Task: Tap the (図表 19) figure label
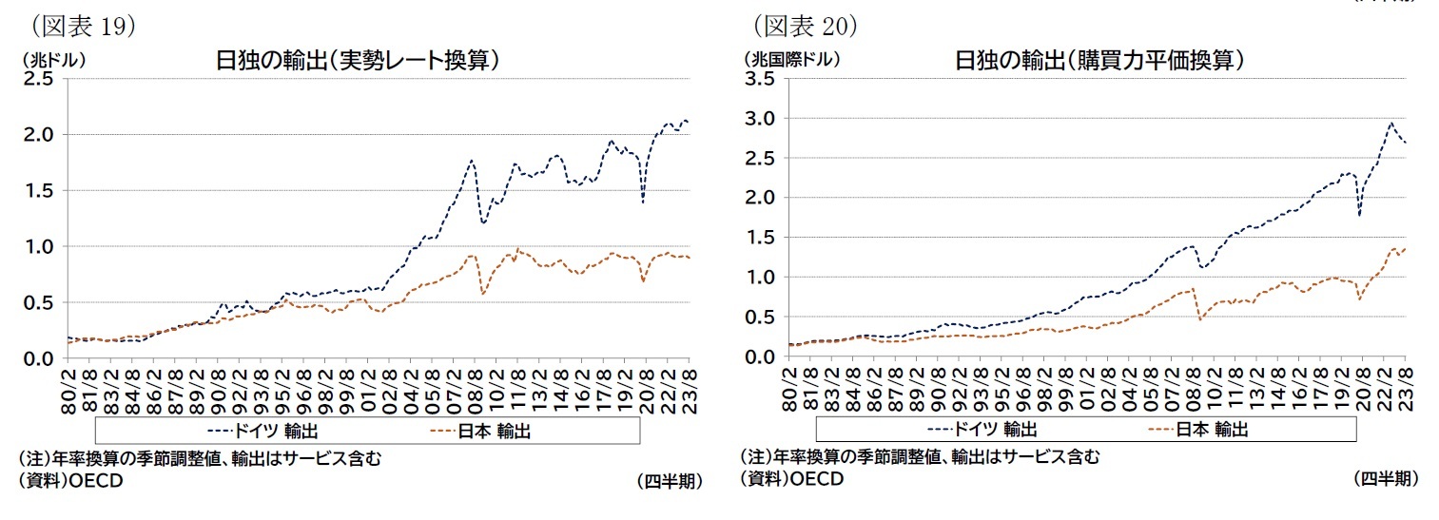(x=84, y=27)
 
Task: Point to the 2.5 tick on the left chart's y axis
(x=39, y=79)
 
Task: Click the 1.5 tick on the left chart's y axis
(x=39, y=191)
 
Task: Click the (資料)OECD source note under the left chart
(x=70, y=480)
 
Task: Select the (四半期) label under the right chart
(x=1385, y=478)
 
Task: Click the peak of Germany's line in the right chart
(x=1391, y=123)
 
